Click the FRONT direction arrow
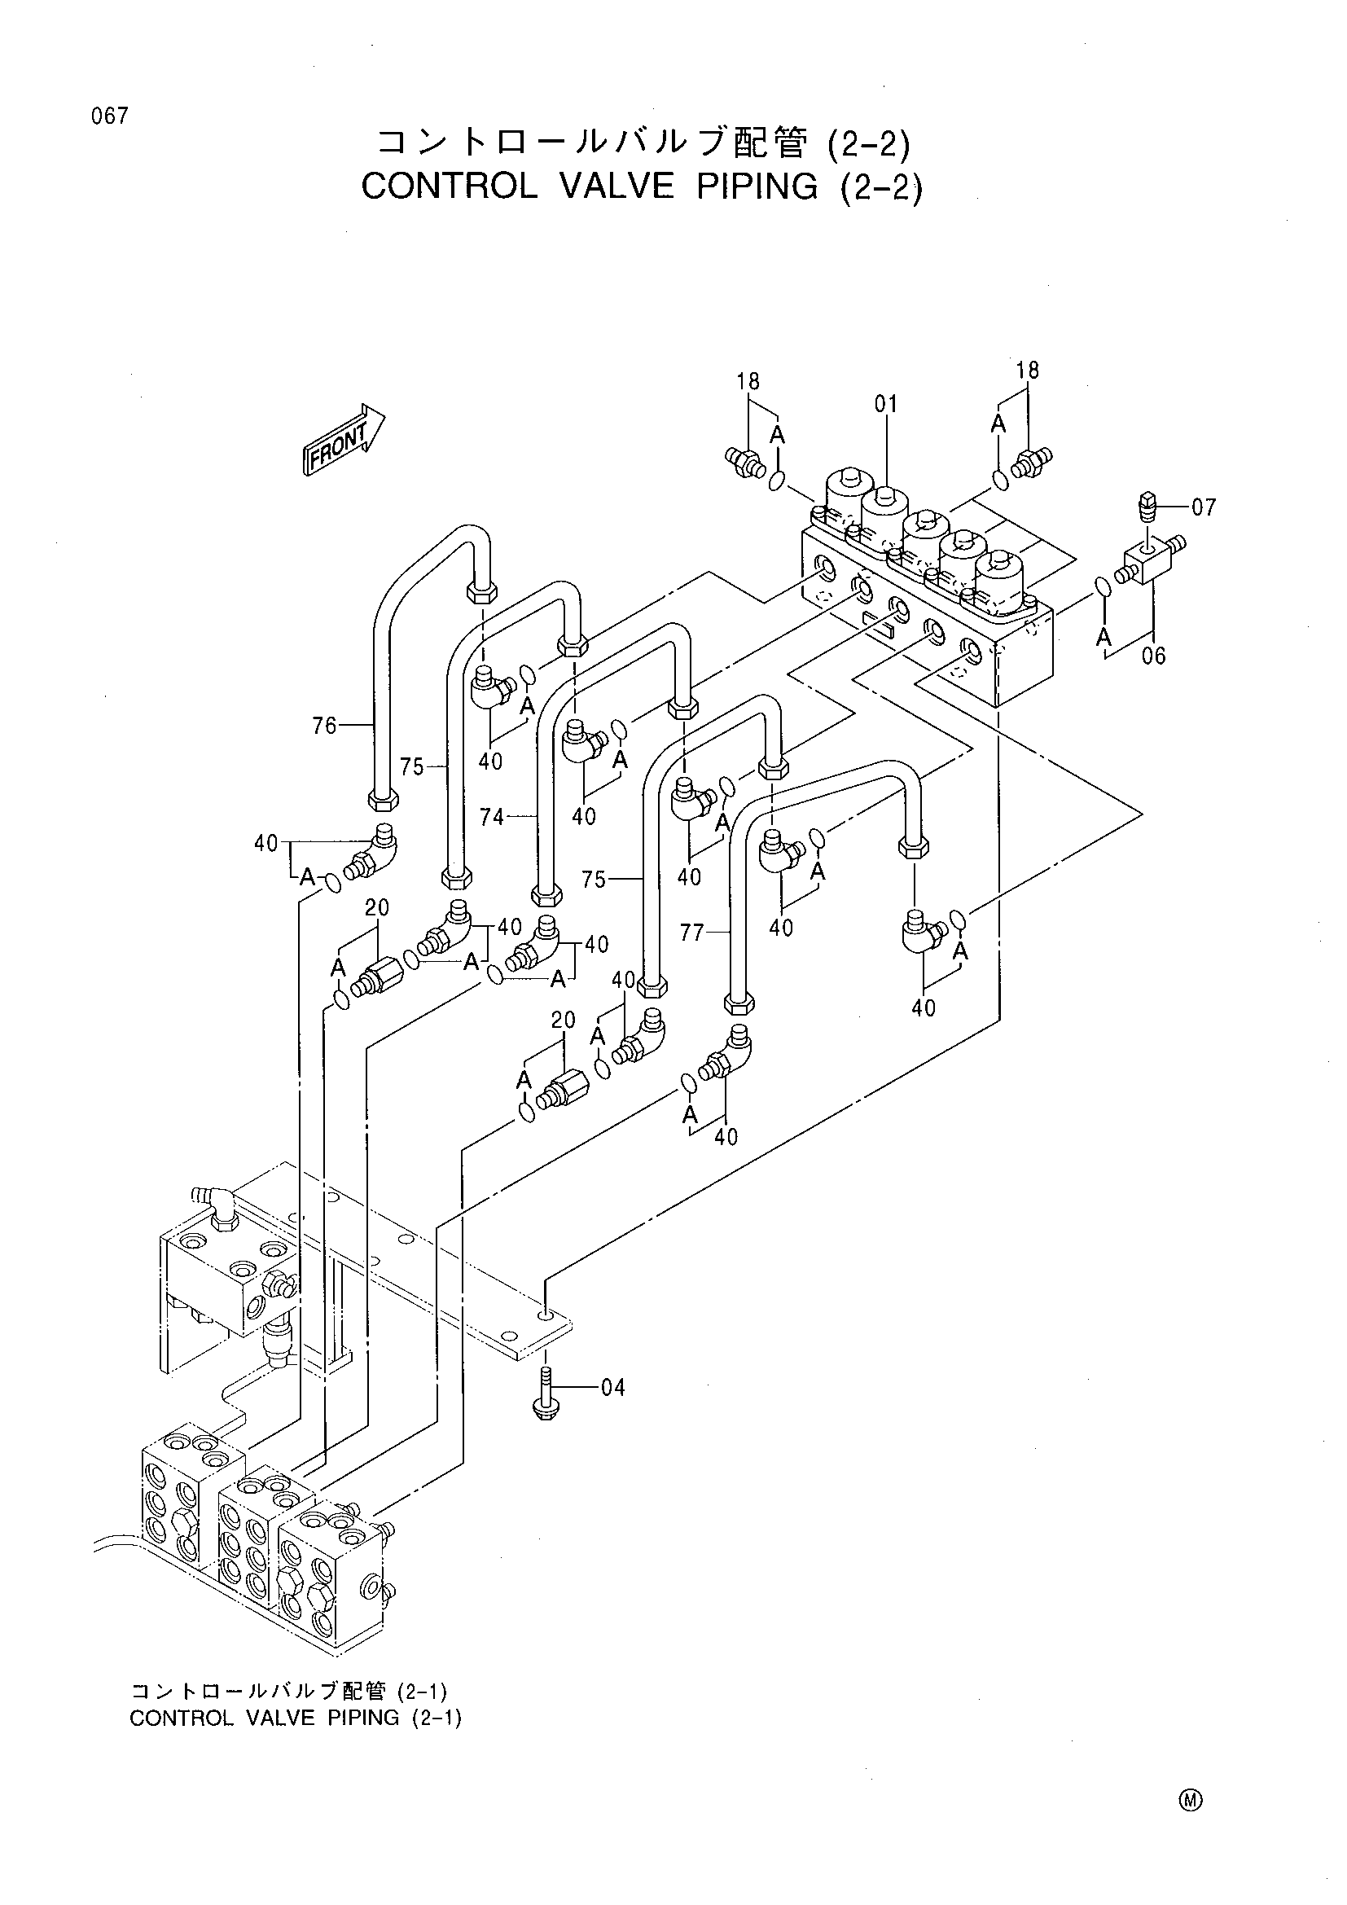point(344,440)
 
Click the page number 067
point(110,116)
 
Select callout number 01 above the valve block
point(886,405)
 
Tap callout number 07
point(1204,507)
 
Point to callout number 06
point(1154,656)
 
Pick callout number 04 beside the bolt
point(612,1387)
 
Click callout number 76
point(325,726)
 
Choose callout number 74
point(492,817)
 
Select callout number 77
point(691,934)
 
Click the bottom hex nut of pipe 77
point(739,1004)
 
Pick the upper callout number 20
point(376,907)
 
